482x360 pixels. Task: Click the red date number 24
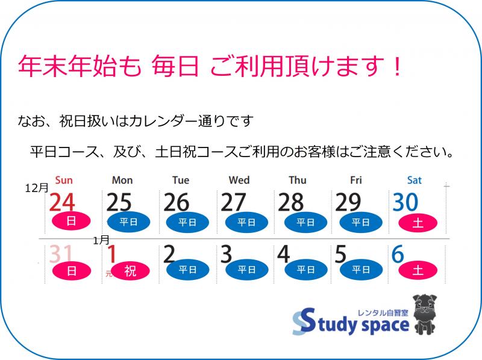pos(62,202)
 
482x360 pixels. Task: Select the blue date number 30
pos(405,202)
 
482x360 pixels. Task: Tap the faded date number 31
pos(61,254)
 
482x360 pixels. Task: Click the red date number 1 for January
pos(111,254)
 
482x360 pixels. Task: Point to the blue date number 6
pos(398,254)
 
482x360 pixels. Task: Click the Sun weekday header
pos(64,180)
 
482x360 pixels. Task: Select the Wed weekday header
pos(239,180)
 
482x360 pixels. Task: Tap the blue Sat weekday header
pos(415,180)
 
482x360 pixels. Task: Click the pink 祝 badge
pos(130,271)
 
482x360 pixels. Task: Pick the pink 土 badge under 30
pos(418,222)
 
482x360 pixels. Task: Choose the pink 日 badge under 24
pos(71,221)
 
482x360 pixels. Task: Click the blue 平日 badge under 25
pos(128,222)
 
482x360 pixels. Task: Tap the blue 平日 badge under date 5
pos(361,270)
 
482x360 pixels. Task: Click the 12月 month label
pos(37,188)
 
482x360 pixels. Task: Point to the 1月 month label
pos(101,240)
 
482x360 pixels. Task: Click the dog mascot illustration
pos(425,314)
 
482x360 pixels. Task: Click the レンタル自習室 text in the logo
pos(383,312)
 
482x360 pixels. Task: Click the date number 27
pos(233,202)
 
